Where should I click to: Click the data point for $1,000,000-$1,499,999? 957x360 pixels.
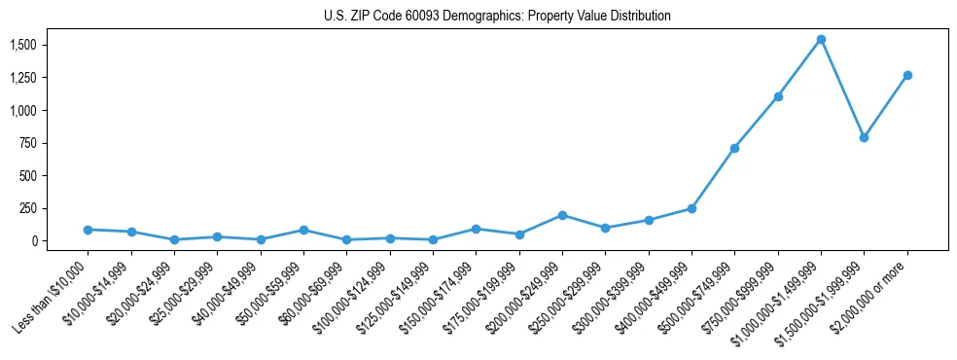click(x=821, y=40)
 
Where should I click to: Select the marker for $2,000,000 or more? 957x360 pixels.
click(x=907, y=75)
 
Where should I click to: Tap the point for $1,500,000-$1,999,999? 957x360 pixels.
click(x=864, y=138)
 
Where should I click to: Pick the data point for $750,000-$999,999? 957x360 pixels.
click(x=778, y=96)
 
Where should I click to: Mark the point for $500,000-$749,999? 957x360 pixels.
click(x=734, y=148)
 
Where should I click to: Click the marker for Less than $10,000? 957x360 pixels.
click(x=88, y=230)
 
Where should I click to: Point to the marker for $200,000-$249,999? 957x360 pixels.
click(x=562, y=215)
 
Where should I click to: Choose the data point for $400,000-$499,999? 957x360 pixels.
click(x=691, y=208)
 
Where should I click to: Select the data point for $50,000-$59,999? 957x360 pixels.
click(x=303, y=231)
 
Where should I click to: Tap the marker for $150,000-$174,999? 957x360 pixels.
click(x=476, y=229)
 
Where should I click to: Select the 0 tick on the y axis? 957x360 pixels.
click(x=34, y=241)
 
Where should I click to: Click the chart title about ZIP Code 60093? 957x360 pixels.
click(x=497, y=17)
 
